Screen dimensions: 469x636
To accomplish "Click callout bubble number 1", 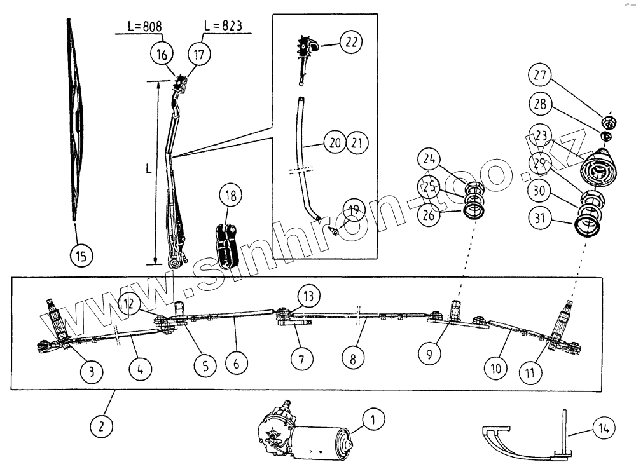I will pos(373,419).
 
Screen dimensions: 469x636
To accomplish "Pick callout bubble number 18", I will pos(231,196).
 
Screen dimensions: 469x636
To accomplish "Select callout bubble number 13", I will pos(308,296).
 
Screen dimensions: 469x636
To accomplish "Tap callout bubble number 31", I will pos(541,219).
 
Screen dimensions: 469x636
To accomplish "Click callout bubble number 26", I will pos(430,215).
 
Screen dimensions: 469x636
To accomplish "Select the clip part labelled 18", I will pos(228,244).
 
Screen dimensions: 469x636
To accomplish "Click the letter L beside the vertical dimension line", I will pos(147,170).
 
